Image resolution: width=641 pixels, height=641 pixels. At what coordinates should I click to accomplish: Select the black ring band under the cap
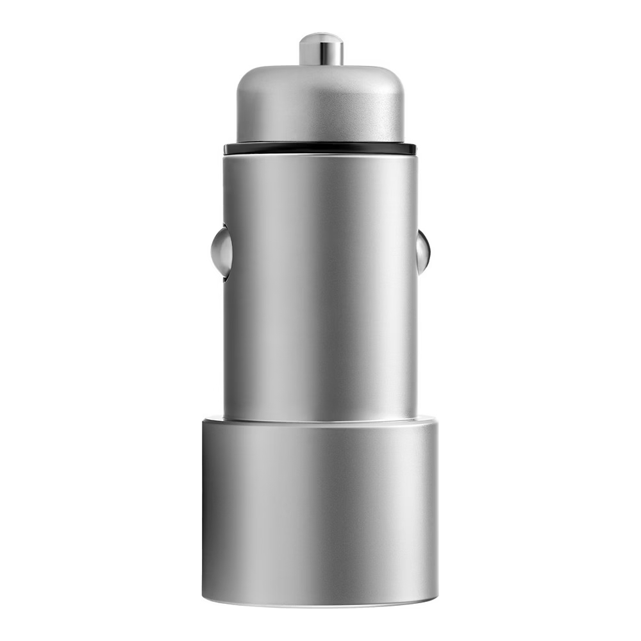[x=320, y=149]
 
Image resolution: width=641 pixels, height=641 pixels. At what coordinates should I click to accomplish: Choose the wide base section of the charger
[x=320, y=513]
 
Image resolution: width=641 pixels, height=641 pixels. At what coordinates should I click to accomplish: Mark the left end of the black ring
[x=226, y=149]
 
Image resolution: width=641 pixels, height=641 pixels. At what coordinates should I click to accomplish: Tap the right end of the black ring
[x=414, y=149]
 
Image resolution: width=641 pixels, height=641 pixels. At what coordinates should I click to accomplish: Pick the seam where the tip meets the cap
[x=320, y=65]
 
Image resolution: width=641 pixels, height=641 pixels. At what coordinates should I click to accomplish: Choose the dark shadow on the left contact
[x=226, y=269]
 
